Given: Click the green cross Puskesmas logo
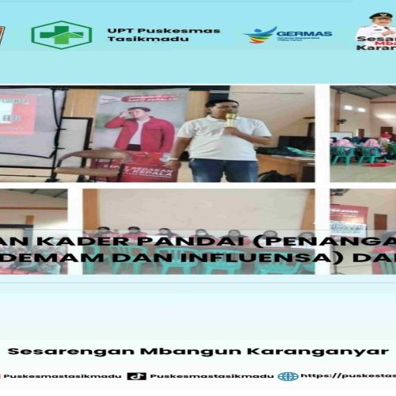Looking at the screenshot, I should coord(61,35).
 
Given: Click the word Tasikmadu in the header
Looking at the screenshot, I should coord(136,40).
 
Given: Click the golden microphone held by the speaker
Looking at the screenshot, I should coord(230,120).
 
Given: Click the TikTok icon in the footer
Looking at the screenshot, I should coord(136,376).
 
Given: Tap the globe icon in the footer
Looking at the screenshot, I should coord(288,376).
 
